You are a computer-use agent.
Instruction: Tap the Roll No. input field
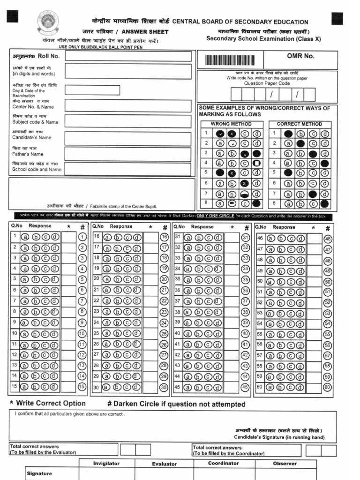[128, 56]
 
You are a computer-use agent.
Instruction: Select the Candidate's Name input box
[128, 138]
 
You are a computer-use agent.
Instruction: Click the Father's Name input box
[128, 154]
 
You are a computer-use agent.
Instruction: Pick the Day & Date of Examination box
[92, 90]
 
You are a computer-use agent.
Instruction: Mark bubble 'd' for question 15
[55, 387]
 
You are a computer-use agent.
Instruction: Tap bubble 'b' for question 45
[197, 388]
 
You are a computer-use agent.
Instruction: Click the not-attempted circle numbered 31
[245, 238]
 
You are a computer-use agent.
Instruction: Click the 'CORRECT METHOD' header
[299, 124]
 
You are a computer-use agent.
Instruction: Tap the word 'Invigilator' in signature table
[106, 463]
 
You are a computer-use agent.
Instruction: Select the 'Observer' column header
[285, 463]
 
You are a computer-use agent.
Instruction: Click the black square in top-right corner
[337, 18]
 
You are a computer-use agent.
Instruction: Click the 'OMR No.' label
[300, 56]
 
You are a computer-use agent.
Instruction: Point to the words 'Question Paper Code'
[267, 83]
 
